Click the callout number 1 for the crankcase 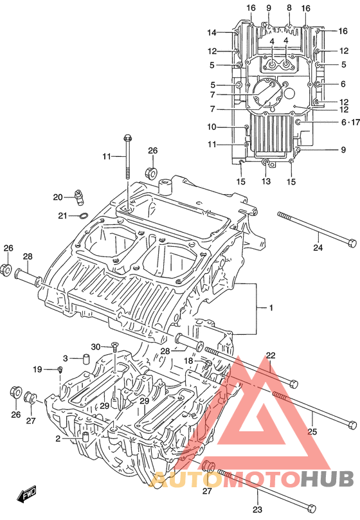click(271, 308)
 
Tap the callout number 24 click(318, 247)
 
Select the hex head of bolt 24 click(352, 243)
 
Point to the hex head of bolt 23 click(311, 508)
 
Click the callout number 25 click(312, 431)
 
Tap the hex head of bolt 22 click(294, 384)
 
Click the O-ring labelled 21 click(84, 216)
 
